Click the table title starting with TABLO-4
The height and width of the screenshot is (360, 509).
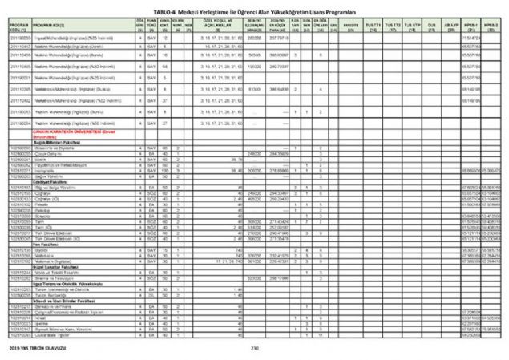tap(254, 5)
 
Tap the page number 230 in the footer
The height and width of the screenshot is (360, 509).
tap(256, 347)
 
